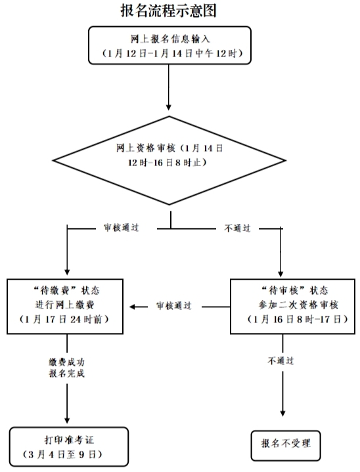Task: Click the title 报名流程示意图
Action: coord(169,11)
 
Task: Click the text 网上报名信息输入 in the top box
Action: coord(170,39)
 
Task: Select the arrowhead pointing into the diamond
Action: coord(169,107)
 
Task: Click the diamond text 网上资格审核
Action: coord(146,148)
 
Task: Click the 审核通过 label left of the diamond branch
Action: coord(122,228)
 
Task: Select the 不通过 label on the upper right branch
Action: coord(237,228)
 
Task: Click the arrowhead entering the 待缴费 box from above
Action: coord(67,271)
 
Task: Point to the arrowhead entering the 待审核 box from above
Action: coord(281,274)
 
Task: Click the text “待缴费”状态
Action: coord(66,290)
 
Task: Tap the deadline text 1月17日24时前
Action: coord(64,320)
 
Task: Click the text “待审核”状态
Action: coord(294,290)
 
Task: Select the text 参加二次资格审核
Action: coord(298,305)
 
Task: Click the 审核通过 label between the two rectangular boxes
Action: coord(174,306)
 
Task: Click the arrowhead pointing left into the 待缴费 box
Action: coord(133,307)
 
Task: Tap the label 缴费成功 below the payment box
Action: coord(67,362)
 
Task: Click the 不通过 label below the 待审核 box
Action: coord(281,360)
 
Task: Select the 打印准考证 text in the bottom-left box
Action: coord(69,440)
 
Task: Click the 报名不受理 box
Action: coord(286,446)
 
